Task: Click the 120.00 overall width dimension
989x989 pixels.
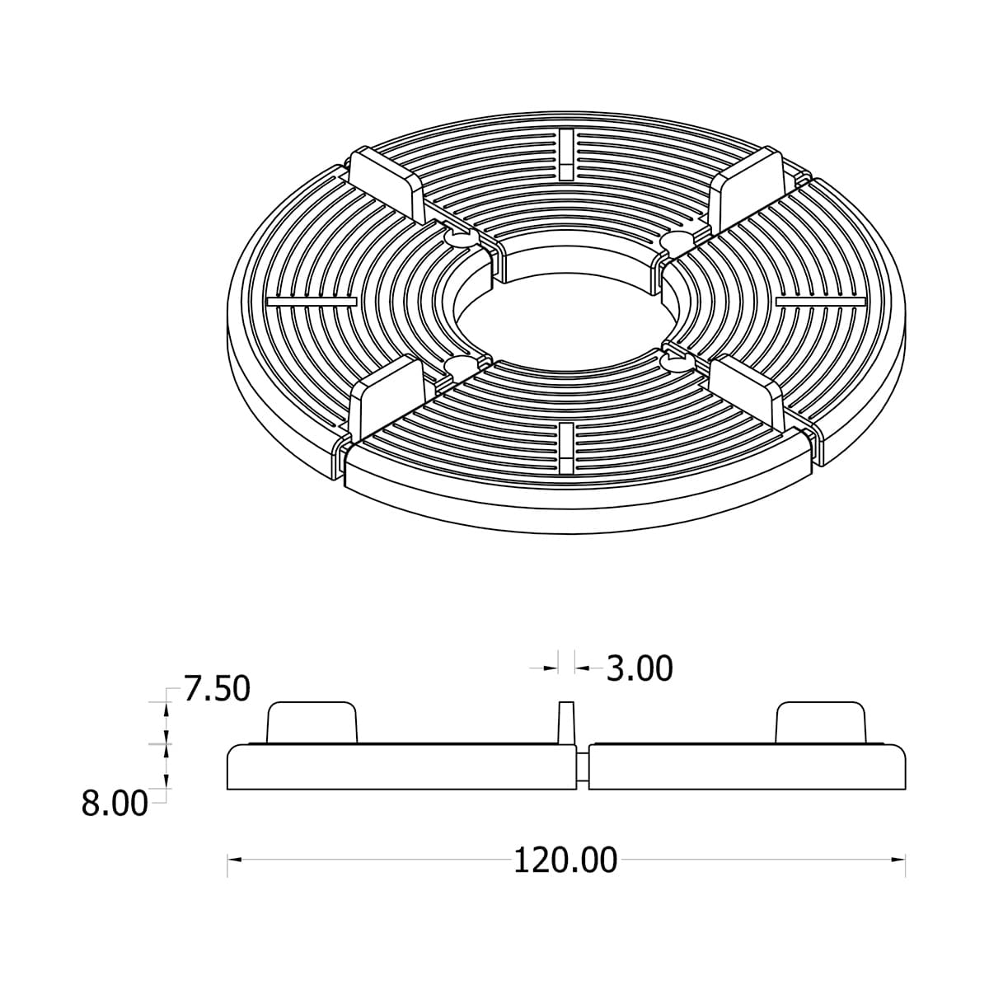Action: click(x=565, y=860)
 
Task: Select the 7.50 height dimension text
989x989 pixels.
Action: click(x=217, y=689)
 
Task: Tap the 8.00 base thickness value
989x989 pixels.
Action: click(x=115, y=804)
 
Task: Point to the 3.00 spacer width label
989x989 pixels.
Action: click(x=640, y=668)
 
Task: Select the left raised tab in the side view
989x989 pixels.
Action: click(x=312, y=722)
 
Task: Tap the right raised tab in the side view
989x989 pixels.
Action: click(x=822, y=722)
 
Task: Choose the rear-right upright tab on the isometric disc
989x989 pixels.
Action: click(x=749, y=182)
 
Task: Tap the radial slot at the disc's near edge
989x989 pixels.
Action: click(x=565, y=448)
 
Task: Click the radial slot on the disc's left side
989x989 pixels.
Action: click(x=312, y=302)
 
